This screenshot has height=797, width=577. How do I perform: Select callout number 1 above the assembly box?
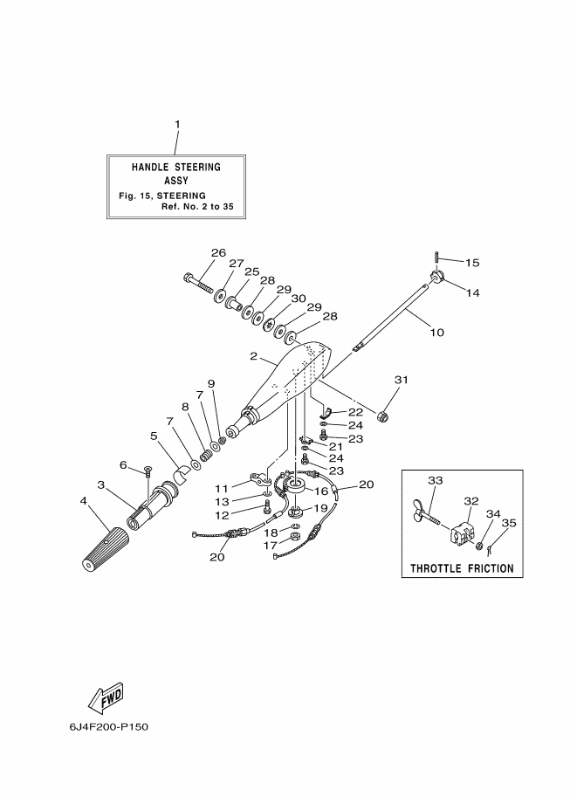click(x=177, y=124)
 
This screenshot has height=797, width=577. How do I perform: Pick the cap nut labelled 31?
click(x=385, y=416)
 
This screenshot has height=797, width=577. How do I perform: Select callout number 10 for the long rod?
click(x=436, y=333)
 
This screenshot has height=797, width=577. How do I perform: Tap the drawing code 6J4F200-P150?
click(x=109, y=727)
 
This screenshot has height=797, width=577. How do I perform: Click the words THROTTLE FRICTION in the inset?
click(x=462, y=568)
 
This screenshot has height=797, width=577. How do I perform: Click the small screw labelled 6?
click(x=148, y=471)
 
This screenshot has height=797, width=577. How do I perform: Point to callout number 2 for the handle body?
click(x=253, y=356)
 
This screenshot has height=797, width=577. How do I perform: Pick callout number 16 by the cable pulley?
click(x=321, y=491)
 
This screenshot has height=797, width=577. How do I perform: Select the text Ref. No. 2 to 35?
click(x=197, y=207)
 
